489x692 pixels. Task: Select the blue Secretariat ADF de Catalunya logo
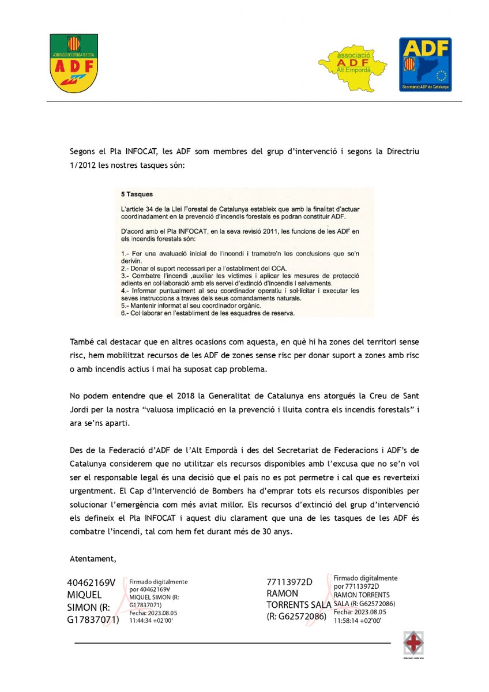click(426, 64)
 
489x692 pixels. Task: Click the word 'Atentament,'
click(93, 558)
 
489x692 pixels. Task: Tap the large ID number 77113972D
click(289, 582)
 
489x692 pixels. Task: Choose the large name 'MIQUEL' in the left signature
click(85, 594)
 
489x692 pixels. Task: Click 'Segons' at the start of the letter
click(84, 151)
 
